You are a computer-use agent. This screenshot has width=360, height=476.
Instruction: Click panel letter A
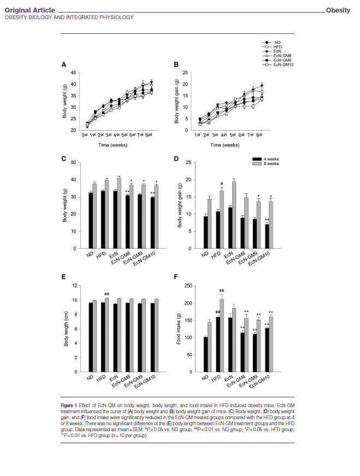click(x=64, y=65)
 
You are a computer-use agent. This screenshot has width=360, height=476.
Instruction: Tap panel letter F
click(x=176, y=278)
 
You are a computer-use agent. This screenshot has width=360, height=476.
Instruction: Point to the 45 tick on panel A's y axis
click(x=73, y=73)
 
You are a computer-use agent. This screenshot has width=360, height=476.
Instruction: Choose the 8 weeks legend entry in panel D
click(x=269, y=163)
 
